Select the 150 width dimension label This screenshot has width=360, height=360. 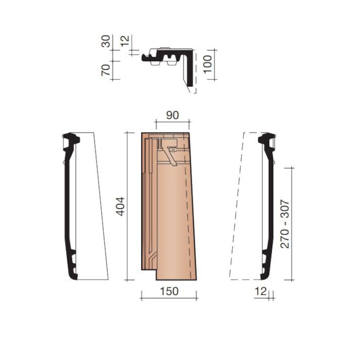click(169, 291)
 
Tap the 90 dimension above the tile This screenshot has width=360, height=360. click(172, 115)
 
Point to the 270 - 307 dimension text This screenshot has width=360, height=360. click(285, 224)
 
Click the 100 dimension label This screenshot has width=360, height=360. click(207, 65)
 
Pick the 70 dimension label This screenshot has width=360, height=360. click(106, 71)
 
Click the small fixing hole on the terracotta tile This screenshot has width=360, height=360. click(172, 148)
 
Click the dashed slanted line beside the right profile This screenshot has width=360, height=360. click(236, 207)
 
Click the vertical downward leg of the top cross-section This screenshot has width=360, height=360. click(191, 72)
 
